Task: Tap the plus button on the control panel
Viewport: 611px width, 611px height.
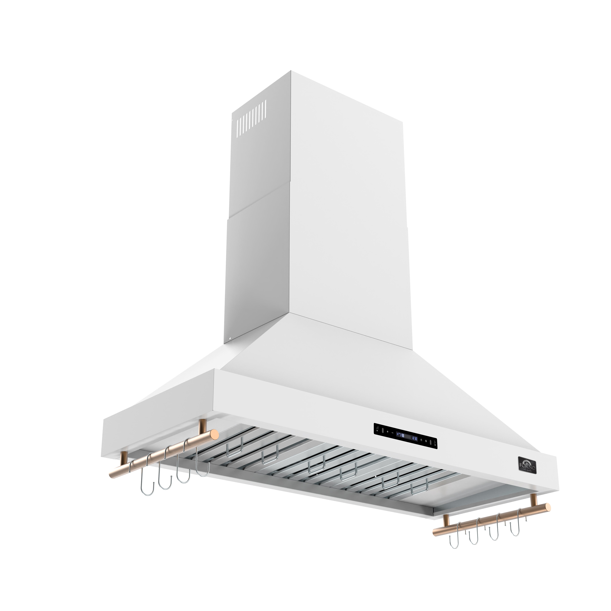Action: pos(388,432)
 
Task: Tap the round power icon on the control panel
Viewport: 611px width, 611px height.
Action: pos(426,441)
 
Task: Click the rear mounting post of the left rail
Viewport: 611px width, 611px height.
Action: pos(201,427)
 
